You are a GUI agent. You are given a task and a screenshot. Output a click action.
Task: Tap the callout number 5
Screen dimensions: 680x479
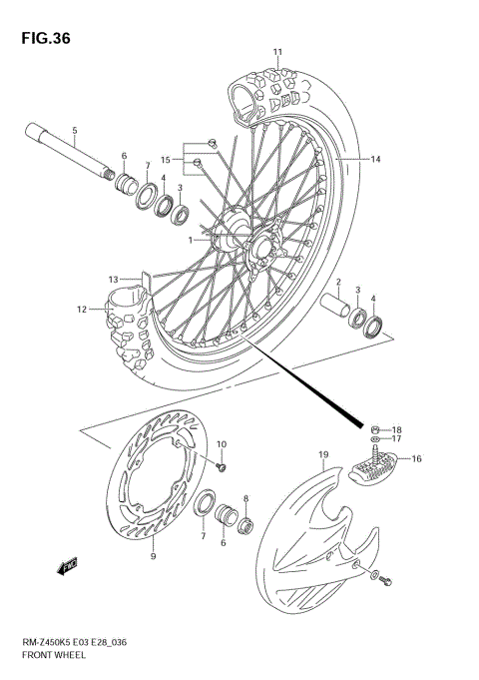pyautogui.click(x=74, y=130)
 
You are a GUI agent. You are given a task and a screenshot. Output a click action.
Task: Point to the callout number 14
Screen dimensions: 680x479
pyautogui.click(x=376, y=160)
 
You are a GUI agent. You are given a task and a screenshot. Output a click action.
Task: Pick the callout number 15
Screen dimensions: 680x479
pyautogui.click(x=166, y=158)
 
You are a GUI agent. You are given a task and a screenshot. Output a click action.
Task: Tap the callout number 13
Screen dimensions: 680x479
pyautogui.click(x=114, y=279)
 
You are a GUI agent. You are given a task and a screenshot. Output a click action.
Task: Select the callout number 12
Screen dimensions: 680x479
pyautogui.click(x=82, y=310)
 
